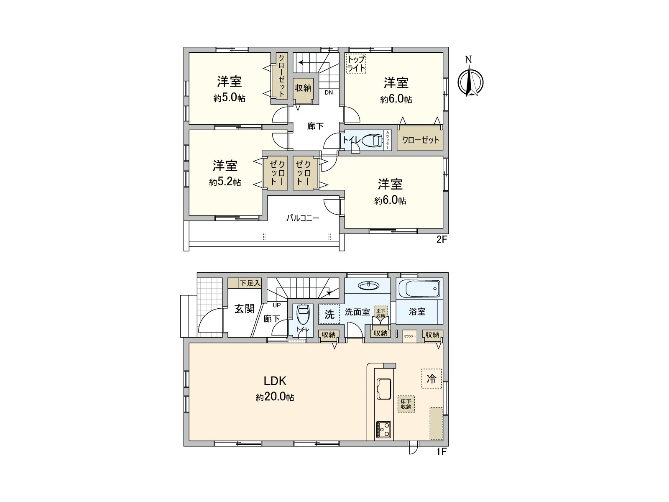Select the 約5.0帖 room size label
click(x=229, y=98)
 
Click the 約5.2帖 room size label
click(x=225, y=182)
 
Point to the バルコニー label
click(x=303, y=218)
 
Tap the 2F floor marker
click(x=442, y=240)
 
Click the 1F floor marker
click(x=442, y=451)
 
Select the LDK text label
click(x=274, y=381)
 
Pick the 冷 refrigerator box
click(x=432, y=379)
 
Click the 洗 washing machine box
click(x=329, y=314)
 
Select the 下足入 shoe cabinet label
click(x=250, y=283)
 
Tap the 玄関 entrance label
click(x=244, y=309)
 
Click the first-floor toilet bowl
click(x=302, y=312)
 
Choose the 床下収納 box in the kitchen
click(x=406, y=404)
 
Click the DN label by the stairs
click(x=329, y=92)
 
